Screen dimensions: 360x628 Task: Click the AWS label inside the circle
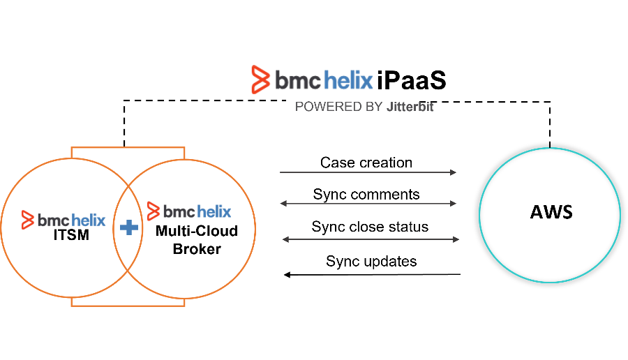pos(551,211)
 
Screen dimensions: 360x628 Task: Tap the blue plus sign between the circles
pos(128,227)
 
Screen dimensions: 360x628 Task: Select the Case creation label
pos(366,163)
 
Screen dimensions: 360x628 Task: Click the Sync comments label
pos(366,194)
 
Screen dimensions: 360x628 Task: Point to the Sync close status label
pos(370,227)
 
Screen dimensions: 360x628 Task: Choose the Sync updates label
pos(371,261)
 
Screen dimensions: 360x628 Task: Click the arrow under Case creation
pos(368,172)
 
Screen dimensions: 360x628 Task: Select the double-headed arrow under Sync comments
pos(368,204)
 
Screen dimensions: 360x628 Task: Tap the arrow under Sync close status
pos(371,239)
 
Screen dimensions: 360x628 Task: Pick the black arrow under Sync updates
pos(371,274)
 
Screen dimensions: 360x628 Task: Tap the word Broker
pos(197,248)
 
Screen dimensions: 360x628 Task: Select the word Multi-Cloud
pos(197,231)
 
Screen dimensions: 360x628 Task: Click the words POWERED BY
pos(338,107)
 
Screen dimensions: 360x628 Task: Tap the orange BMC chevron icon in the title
pos(261,80)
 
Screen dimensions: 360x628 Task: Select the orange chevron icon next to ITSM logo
pos(28,219)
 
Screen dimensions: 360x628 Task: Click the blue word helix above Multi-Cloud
pos(214,210)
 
